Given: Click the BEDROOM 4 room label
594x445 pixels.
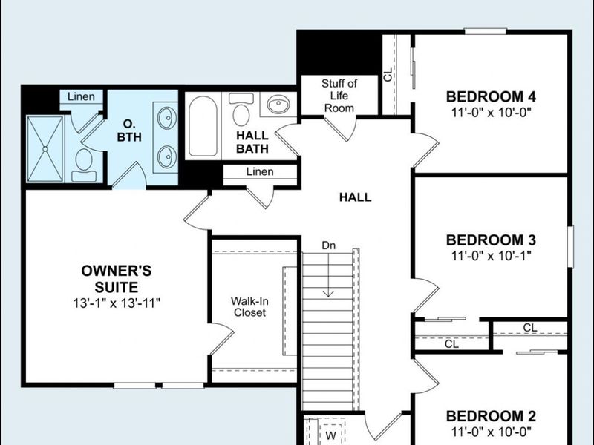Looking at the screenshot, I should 491,96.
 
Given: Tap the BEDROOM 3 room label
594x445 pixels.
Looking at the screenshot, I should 491,240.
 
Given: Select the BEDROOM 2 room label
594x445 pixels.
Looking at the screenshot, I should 491,416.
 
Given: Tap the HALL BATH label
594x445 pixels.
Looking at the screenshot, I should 252,142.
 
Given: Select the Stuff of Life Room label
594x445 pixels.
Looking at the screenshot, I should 339,95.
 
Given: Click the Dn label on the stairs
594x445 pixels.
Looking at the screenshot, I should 328,245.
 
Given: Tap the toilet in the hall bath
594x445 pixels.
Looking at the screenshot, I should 241,112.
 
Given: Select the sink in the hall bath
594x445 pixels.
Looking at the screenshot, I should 278,105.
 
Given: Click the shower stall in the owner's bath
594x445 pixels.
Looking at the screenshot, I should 45,148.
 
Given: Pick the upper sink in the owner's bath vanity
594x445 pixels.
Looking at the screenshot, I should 167,117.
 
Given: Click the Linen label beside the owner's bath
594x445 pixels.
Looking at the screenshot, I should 81,97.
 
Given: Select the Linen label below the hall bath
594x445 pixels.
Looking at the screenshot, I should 259,172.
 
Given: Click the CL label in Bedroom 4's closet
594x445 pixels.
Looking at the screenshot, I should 388,74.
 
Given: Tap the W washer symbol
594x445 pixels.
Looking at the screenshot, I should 332,435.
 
